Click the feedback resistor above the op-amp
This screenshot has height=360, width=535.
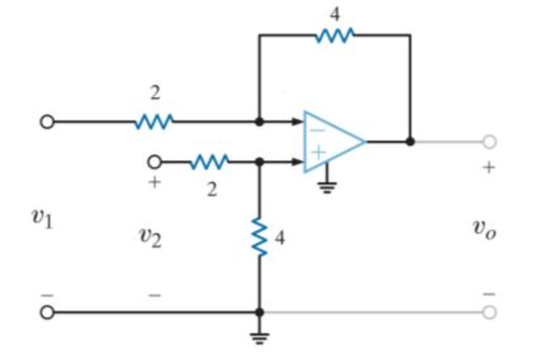(x=334, y=35)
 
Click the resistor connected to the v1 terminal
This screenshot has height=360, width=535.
(x=154, y=122)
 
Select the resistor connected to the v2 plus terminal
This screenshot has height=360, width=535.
(x=210, y=160)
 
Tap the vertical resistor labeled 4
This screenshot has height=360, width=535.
(x=259, y=237)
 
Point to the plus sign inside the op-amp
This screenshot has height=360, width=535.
(x=317, y=153)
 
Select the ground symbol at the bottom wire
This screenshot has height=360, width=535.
(x=259, y=337)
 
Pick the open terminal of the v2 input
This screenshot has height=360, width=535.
(x=154, y=160)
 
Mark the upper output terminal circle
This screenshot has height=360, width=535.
(x=490, y=141)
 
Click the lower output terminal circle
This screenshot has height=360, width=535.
(x=490, y=313)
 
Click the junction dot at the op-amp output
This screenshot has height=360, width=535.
(x=410, y=141)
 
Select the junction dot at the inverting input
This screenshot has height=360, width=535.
(x=259, y=122)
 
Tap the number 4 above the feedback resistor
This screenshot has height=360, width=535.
(x=334, y=12)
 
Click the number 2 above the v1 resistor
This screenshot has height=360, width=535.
(x=155, y=91)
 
